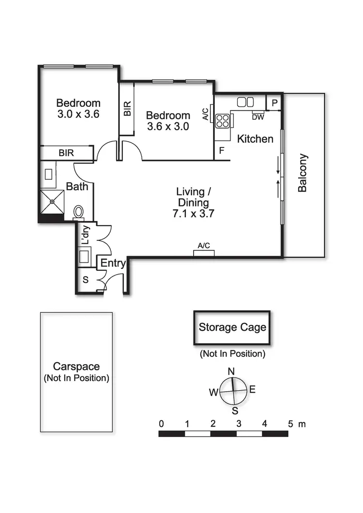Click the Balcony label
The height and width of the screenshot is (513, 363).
[303, 173]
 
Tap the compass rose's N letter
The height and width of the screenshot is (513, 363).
[231, 371]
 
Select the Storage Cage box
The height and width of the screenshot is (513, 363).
[232, 328]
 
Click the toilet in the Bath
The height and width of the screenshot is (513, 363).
[78, 212]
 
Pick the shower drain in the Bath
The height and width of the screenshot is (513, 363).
[52, 201]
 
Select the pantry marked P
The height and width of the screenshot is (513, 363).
[274, 103]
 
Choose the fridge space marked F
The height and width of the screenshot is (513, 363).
[222, 151]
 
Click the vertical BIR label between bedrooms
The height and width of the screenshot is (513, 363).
[127, 108]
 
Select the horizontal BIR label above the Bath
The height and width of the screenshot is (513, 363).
[66, 153]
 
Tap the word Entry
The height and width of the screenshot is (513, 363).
[113, 264]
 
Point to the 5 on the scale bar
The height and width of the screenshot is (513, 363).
[290, 424]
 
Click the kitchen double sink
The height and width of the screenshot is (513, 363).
[245, 102]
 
